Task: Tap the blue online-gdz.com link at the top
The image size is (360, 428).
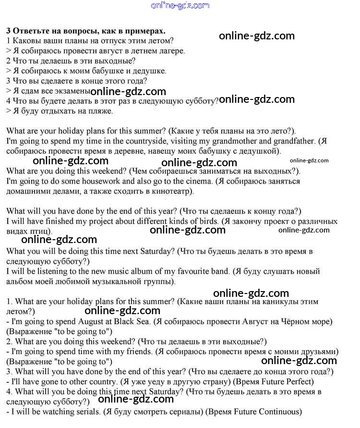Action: [180, 6]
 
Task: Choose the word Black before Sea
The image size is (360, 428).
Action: [127, 321]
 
